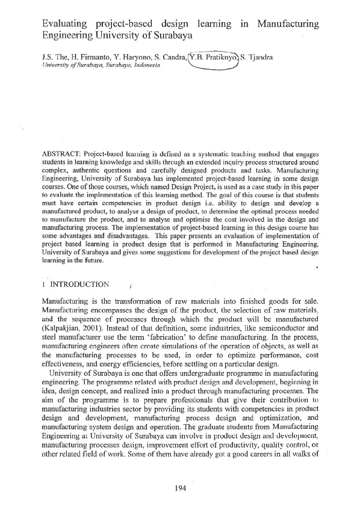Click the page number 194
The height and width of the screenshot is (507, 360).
pyautogui.click(x=179, y=488)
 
